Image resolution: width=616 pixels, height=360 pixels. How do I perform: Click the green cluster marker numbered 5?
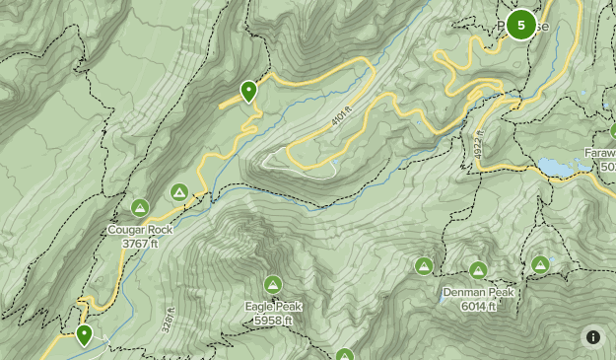pyautogui.click(x=520, y=26)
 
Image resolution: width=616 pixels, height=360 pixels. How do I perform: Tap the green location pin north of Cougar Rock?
pyautogui.click(x=248, y=92)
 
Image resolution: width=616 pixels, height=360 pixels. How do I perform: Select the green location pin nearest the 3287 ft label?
pyautogui.click(x=85, y=335)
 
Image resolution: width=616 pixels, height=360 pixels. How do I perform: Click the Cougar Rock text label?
pyautogui.click(x=140, y=230)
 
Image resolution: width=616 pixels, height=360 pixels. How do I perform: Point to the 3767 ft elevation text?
pyautogui.click(x=140, y=243)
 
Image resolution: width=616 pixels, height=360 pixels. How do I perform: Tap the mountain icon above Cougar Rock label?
pyautogui.click(x=140, y=207)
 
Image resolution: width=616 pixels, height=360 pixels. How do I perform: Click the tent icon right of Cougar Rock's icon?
pyautogui.click(x=179, y=191)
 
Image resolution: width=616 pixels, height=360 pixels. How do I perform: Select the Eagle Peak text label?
pyautogui.click(x=273, y=307)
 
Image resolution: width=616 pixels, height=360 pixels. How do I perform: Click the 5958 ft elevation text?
pyautogui.click(x=273, y=320)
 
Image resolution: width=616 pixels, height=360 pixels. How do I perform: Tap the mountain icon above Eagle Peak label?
pyautogui.click(x=273, y=284)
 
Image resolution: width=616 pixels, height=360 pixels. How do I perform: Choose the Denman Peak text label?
pyautogui.click(x=477, y=293)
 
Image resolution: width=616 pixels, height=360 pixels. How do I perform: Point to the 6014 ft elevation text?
pyautogui.click(x=477, y=306)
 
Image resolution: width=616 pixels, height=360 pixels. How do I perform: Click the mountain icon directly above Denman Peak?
pyautogui.click(x=478, y=269)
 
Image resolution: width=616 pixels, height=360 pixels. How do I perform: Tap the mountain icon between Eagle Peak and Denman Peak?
pyautogui.click(x=424, y=265)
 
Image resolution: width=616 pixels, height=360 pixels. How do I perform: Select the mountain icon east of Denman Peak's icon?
pyautogui.click(x=540, y=264)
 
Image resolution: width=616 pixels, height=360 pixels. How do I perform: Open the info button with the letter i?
pyautogui.click(x=593, y=337)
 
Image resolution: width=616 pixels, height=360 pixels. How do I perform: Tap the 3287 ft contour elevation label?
pyautogui.click(x=170, y=323)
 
